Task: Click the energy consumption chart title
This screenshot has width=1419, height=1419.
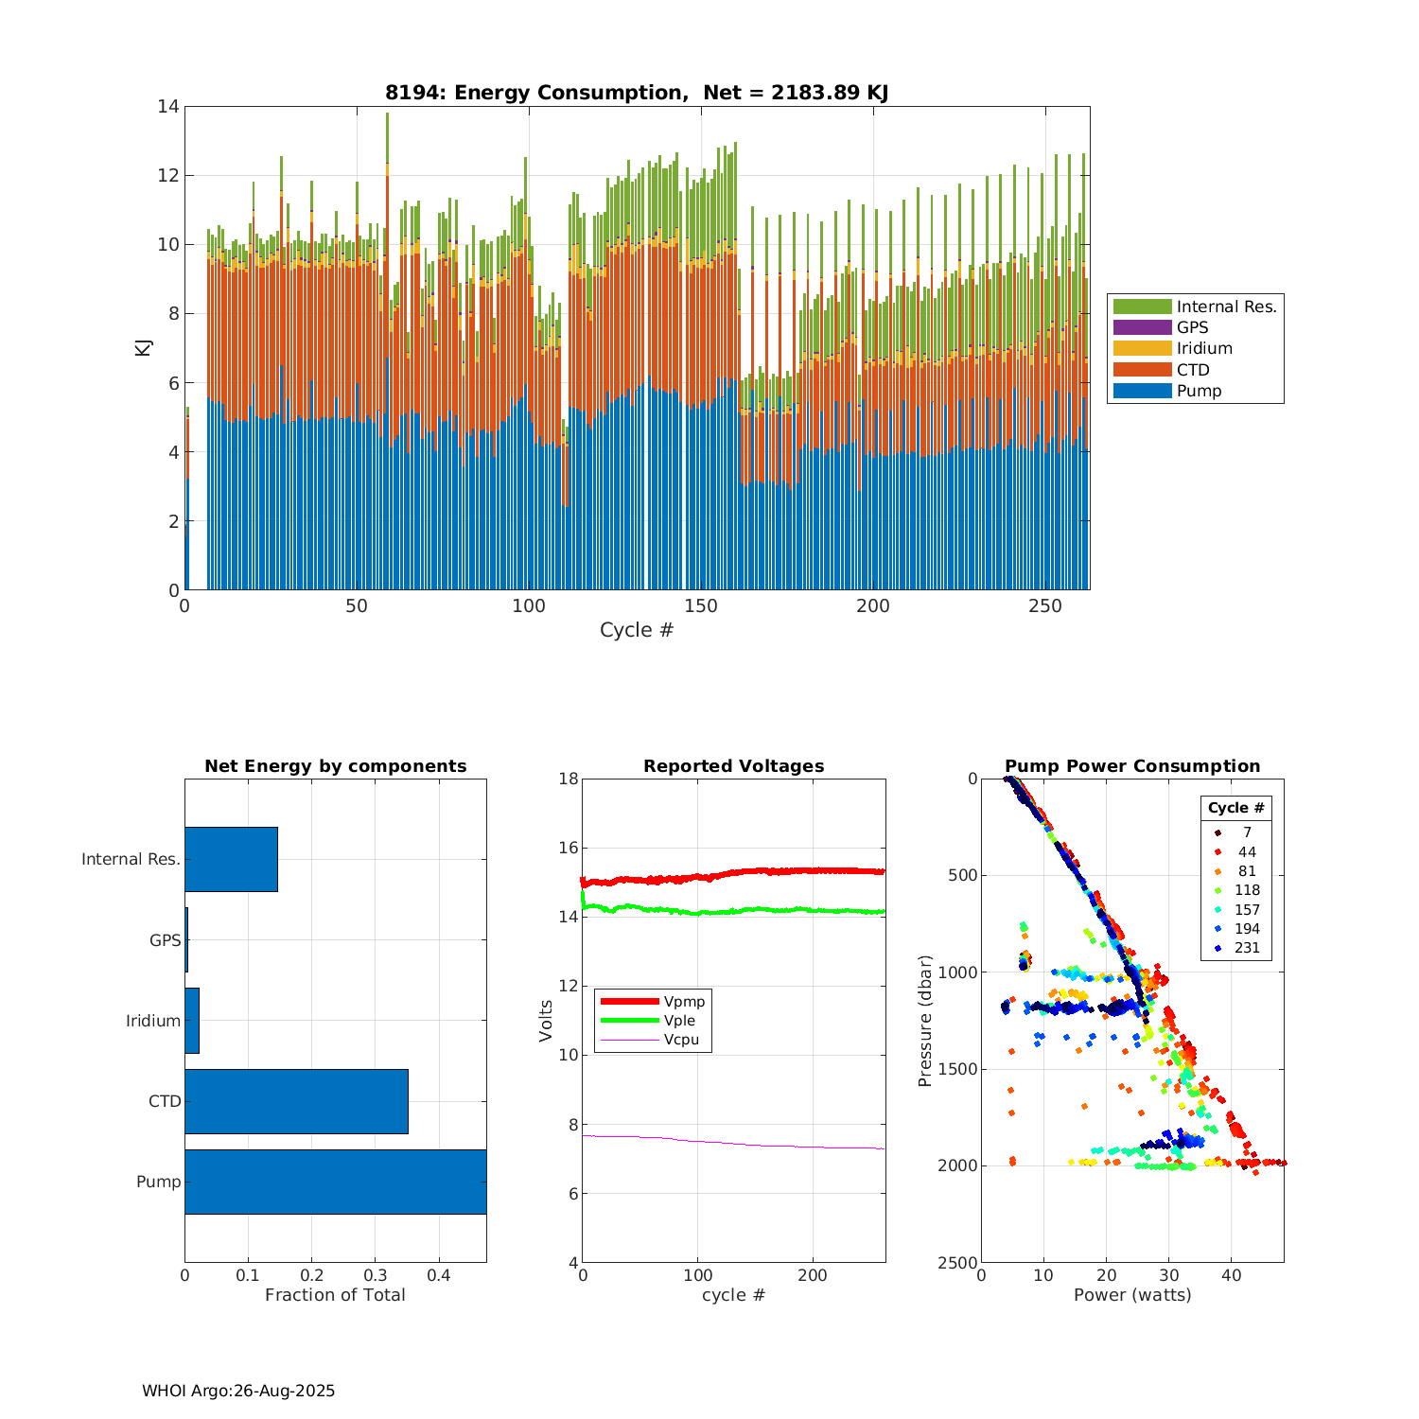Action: [x=637, y=93]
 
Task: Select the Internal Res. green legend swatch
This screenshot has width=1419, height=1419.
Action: [x=1142, y=307]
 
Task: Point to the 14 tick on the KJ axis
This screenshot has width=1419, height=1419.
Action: [x=168, y=107]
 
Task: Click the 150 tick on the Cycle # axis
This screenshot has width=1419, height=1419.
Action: [x=701, y=606]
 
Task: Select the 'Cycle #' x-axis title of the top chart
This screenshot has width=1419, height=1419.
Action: [x=637, y=630]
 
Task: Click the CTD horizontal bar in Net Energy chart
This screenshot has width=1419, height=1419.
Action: [x=296, y=1101]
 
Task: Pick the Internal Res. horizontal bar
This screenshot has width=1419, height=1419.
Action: [x=231, y=859]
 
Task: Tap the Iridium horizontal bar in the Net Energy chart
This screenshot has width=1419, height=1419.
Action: [x=192, y=1021]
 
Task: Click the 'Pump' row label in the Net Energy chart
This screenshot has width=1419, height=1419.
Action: [x=158, y=1182]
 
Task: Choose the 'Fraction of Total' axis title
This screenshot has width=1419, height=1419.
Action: [x=335, y=1295]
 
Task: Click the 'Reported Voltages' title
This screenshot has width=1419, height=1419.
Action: [x=733, y=766]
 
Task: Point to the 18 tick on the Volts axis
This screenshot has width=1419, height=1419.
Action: [x=569, y=780]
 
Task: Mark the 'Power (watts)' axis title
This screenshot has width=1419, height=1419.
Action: [x=1132, y=1295]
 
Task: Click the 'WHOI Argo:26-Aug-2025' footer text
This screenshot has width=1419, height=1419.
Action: [x=238, y=1391]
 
